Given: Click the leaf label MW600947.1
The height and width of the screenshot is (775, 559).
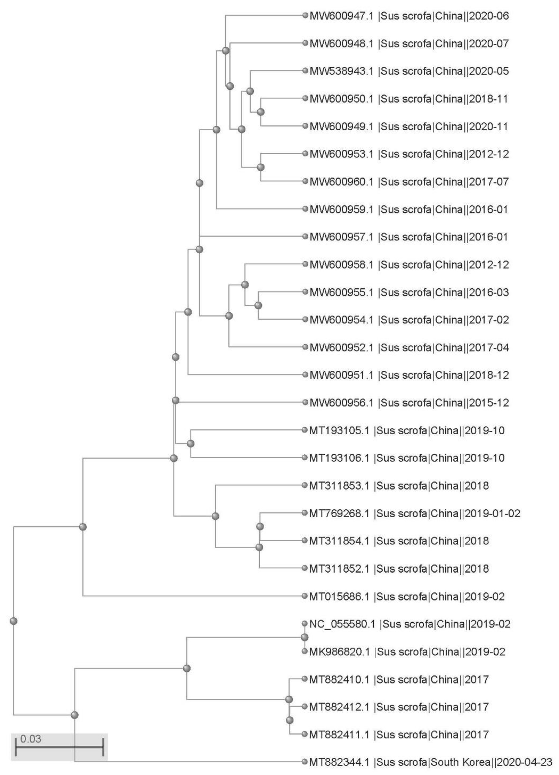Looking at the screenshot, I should coord(341,16).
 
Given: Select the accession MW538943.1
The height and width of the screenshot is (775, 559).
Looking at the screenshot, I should coord(341,71).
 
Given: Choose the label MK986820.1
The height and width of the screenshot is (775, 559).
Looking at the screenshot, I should coord(339,652).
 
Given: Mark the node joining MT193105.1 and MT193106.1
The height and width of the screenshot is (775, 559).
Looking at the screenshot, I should coord(190,444).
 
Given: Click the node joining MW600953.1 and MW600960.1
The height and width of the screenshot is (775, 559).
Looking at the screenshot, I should coord(261,167).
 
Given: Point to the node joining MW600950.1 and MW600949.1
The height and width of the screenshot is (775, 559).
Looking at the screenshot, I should coord(261,112).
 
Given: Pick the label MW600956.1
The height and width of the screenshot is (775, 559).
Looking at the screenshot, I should coord(341,403).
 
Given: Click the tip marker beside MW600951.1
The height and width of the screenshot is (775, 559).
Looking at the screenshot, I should coord(305,375).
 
